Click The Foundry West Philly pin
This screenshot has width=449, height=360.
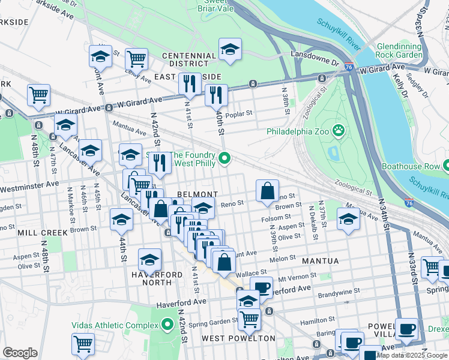[224, 159]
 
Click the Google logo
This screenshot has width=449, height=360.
[20, 353]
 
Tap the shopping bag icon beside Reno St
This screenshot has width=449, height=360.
[267, 192]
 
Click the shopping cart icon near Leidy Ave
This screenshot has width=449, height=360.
[137, 59]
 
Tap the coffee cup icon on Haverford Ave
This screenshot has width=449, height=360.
[261, 287]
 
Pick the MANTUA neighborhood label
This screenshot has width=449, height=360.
[321, 261]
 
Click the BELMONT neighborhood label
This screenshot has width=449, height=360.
[197, 194]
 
